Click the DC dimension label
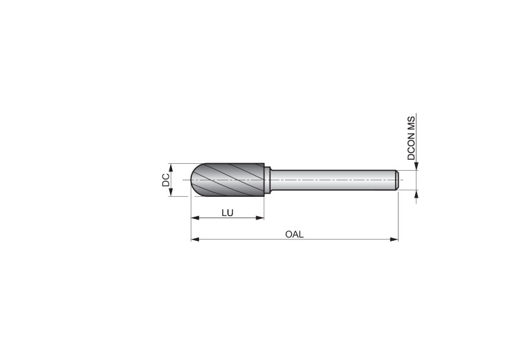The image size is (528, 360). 166,180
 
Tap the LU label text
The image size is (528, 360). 227,213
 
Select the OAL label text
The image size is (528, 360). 295,235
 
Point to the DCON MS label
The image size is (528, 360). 411,138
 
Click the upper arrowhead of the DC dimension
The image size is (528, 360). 171,167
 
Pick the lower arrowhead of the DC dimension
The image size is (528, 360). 171,192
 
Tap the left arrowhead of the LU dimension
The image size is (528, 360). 195,218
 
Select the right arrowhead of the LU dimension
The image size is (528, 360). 260,218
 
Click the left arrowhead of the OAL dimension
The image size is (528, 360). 195,240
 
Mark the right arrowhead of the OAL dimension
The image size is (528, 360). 394,240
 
